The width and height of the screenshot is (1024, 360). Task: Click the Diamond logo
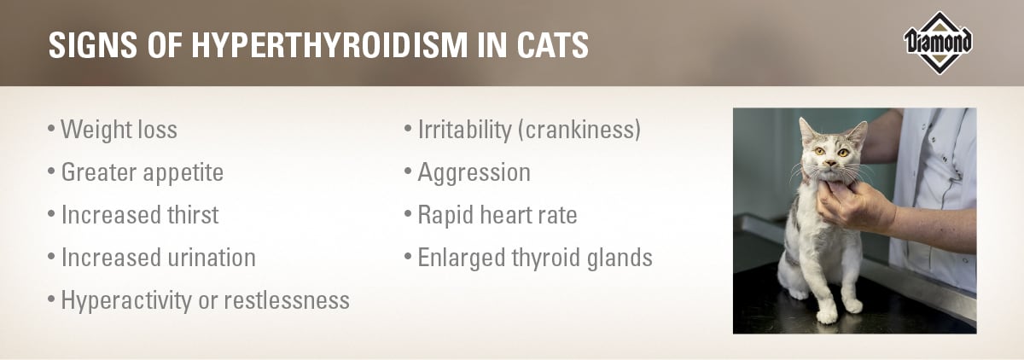point(938,42)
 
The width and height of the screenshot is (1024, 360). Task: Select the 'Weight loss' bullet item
point(119,130)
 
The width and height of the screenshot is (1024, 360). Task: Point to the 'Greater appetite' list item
point(142,172)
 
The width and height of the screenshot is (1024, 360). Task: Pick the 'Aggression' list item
point(473,172)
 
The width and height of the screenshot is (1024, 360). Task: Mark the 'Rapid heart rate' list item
point(497,215)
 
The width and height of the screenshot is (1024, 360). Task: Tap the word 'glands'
point(620,257)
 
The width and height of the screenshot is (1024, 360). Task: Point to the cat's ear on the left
point(806,130)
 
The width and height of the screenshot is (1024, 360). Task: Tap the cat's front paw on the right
point(851,305)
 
